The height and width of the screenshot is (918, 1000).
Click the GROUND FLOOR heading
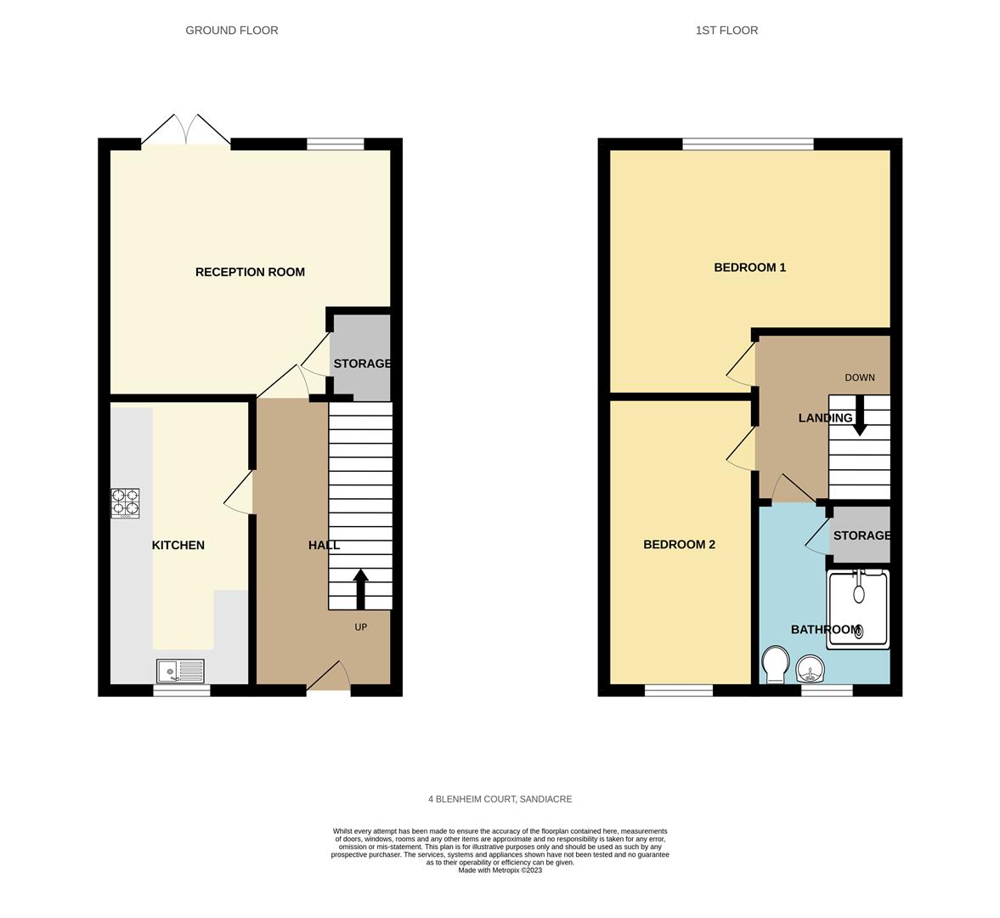coord(231,30)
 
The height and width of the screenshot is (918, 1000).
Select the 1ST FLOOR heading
coord(726,30)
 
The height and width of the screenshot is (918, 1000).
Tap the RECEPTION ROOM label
coord(250,272)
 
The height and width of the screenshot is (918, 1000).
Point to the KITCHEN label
coord(178,545)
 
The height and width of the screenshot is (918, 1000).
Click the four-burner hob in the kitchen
coord(125,503)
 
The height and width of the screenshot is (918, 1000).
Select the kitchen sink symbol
coord(180,671)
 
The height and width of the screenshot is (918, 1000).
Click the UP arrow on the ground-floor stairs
coord(360,589)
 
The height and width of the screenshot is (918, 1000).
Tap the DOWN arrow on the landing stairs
coord(860,416)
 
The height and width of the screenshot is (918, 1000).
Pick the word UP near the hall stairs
coord(361,627)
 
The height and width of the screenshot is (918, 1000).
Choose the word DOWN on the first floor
coord(860,377)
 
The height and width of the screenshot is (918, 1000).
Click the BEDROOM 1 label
coord(750,267)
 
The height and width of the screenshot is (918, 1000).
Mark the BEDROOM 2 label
coord(679,544)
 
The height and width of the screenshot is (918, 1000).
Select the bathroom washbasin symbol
coord(811,669)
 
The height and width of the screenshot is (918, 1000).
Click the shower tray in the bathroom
coord(858,609)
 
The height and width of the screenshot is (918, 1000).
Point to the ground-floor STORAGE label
coord(362,364)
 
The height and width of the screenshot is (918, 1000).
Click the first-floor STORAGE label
coord(862,535)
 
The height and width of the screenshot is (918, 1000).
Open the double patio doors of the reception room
coord(185,131)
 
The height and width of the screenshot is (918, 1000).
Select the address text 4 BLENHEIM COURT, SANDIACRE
coord(500,799)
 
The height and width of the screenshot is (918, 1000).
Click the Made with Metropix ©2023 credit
coord(500,870)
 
